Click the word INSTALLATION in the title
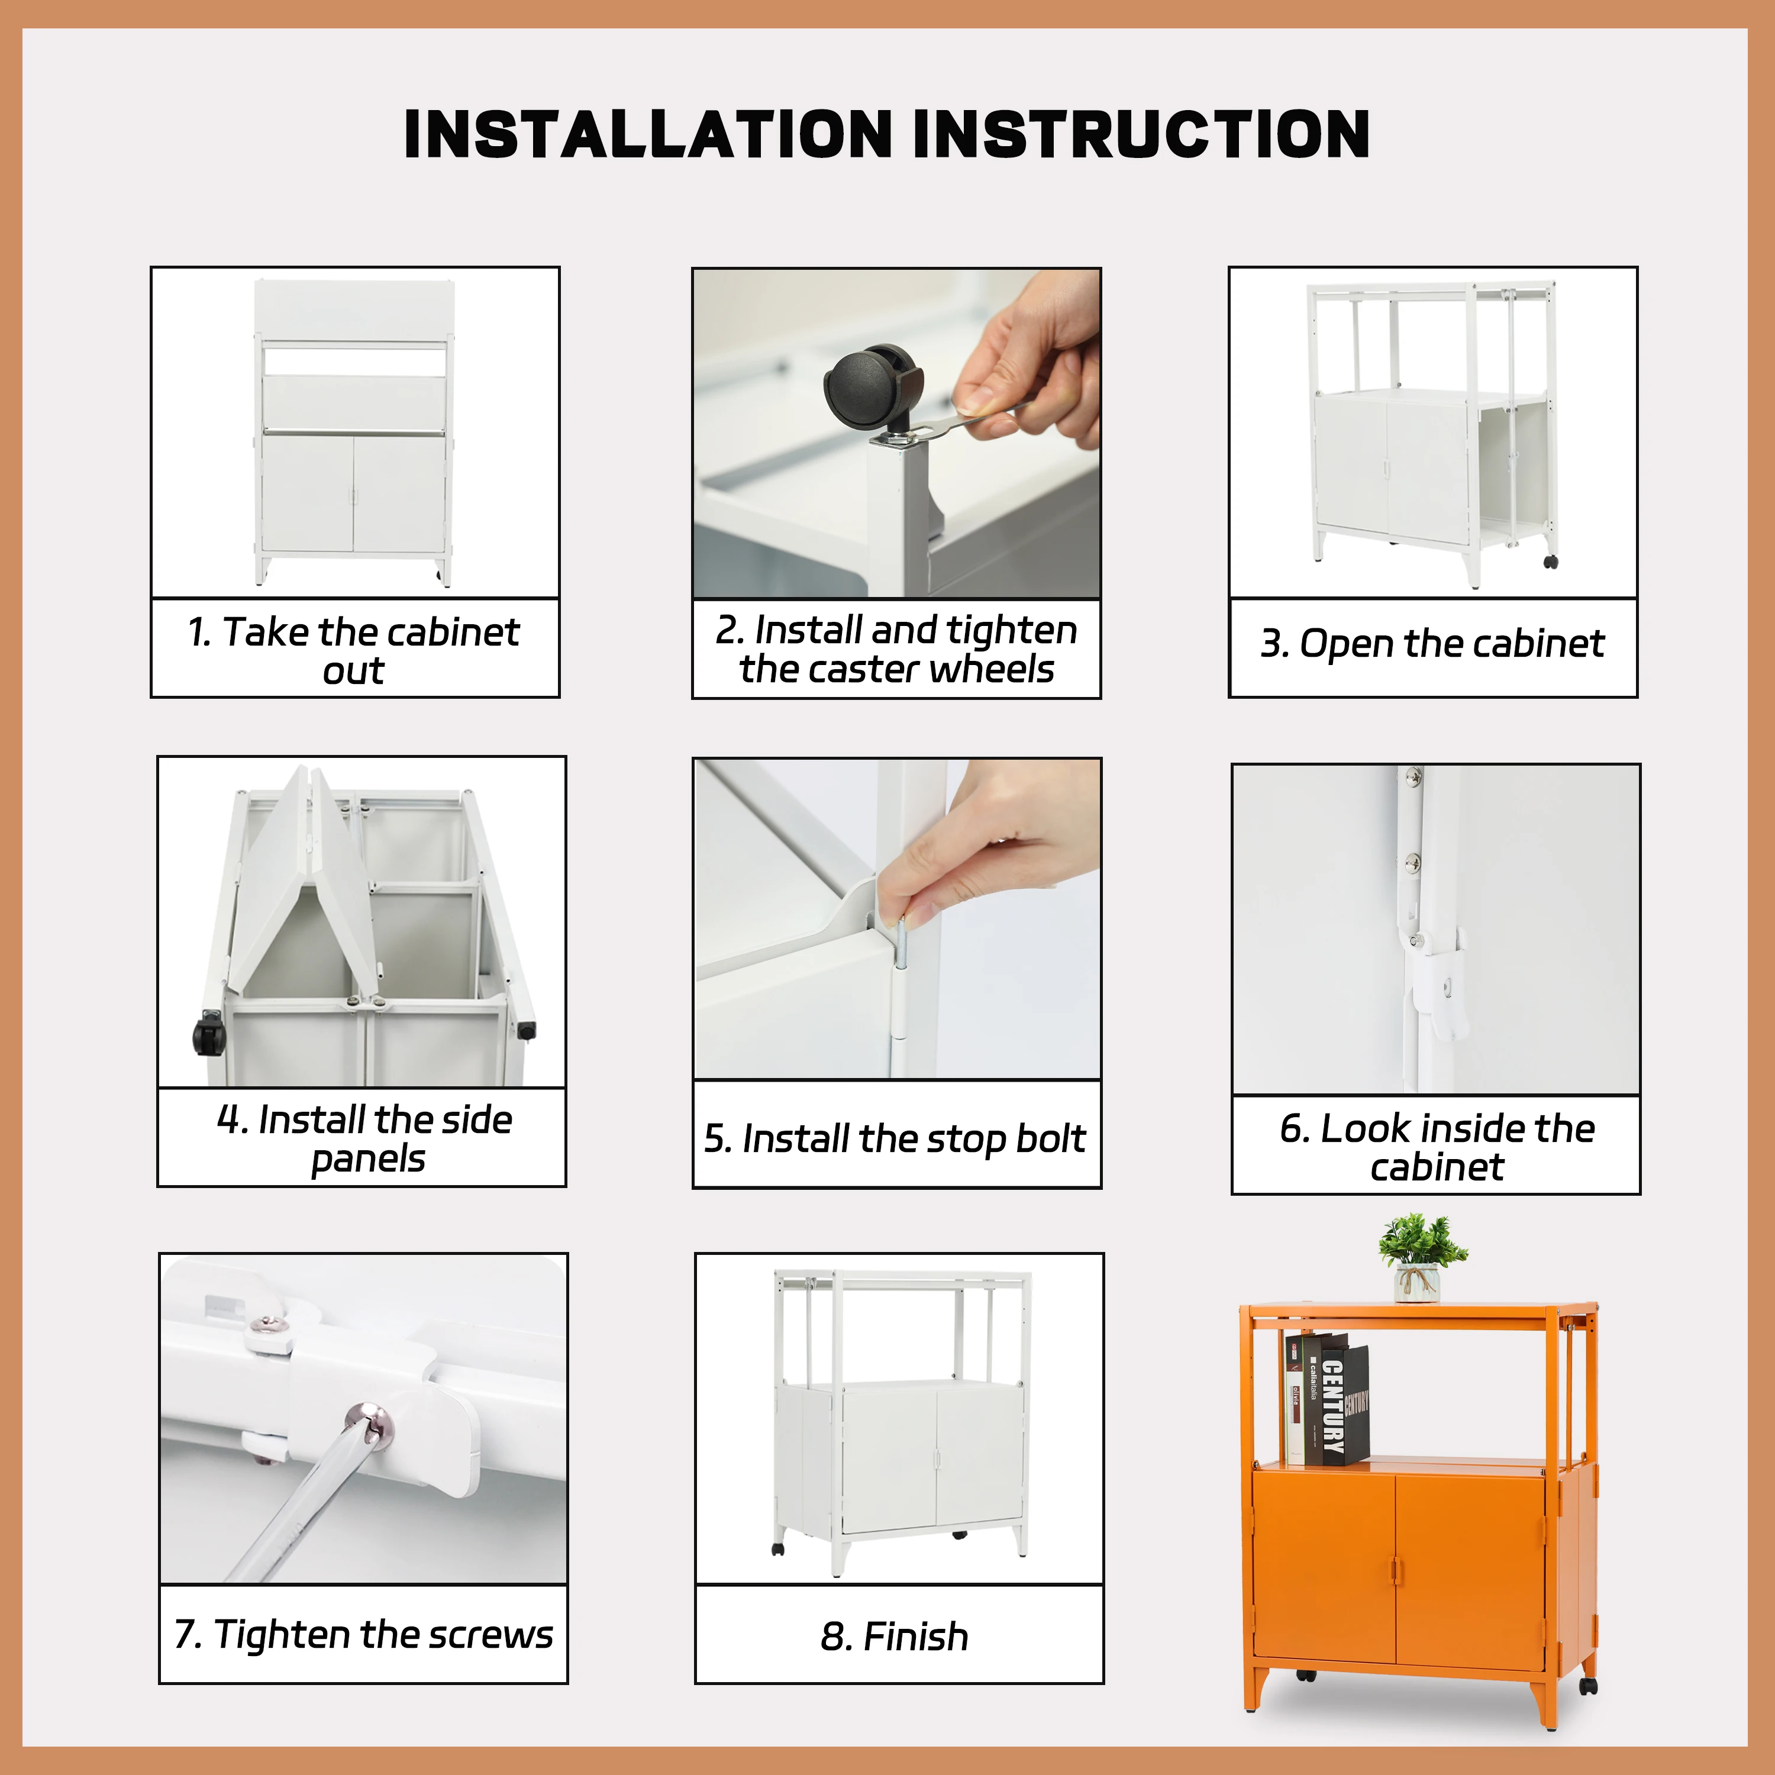648,134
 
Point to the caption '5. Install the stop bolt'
895,1138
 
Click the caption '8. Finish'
895,1637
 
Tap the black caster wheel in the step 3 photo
1551,561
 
